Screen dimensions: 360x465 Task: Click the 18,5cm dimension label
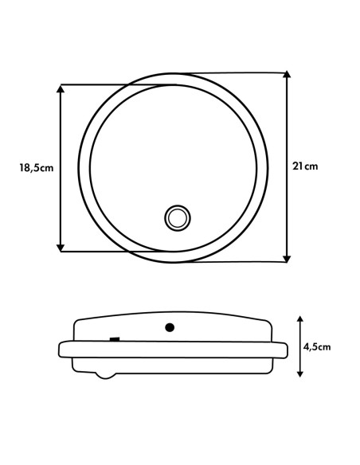[x=37, y=168]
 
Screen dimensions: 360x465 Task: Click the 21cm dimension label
[x=305, y=166]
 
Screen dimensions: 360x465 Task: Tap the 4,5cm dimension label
[x=317, y=346]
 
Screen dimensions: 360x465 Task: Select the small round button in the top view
[x=178, y=218]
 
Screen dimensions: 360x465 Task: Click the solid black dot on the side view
[x=170, y=328]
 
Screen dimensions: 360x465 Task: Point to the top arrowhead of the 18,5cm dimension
[x=61, y=88]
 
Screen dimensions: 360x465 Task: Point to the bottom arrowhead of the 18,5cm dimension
[x=61, y=248]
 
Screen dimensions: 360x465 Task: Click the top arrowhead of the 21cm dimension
[x=287, y=74]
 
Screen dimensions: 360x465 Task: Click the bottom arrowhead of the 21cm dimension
[x=287, y=259]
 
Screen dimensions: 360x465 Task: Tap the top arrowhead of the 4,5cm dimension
[x=300, y=319]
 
